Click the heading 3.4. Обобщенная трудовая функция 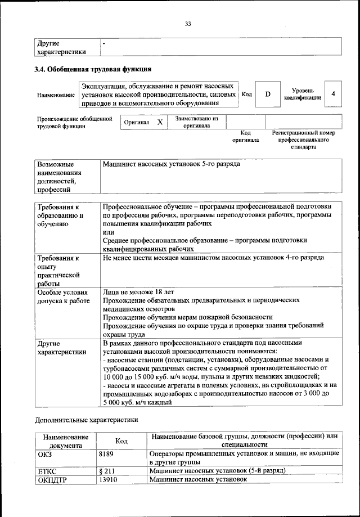tap(93, 70)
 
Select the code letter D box tap(268, 94)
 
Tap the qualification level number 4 tap(334, 94)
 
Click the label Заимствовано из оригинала tap(196, 122)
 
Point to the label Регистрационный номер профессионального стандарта tap(303, 140)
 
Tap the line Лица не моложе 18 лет tap(138, 292)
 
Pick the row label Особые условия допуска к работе tap(63, 296)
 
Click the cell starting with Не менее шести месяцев tap(213, 258)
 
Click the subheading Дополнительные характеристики tap(86, 419)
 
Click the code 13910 tap(109, 479)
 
